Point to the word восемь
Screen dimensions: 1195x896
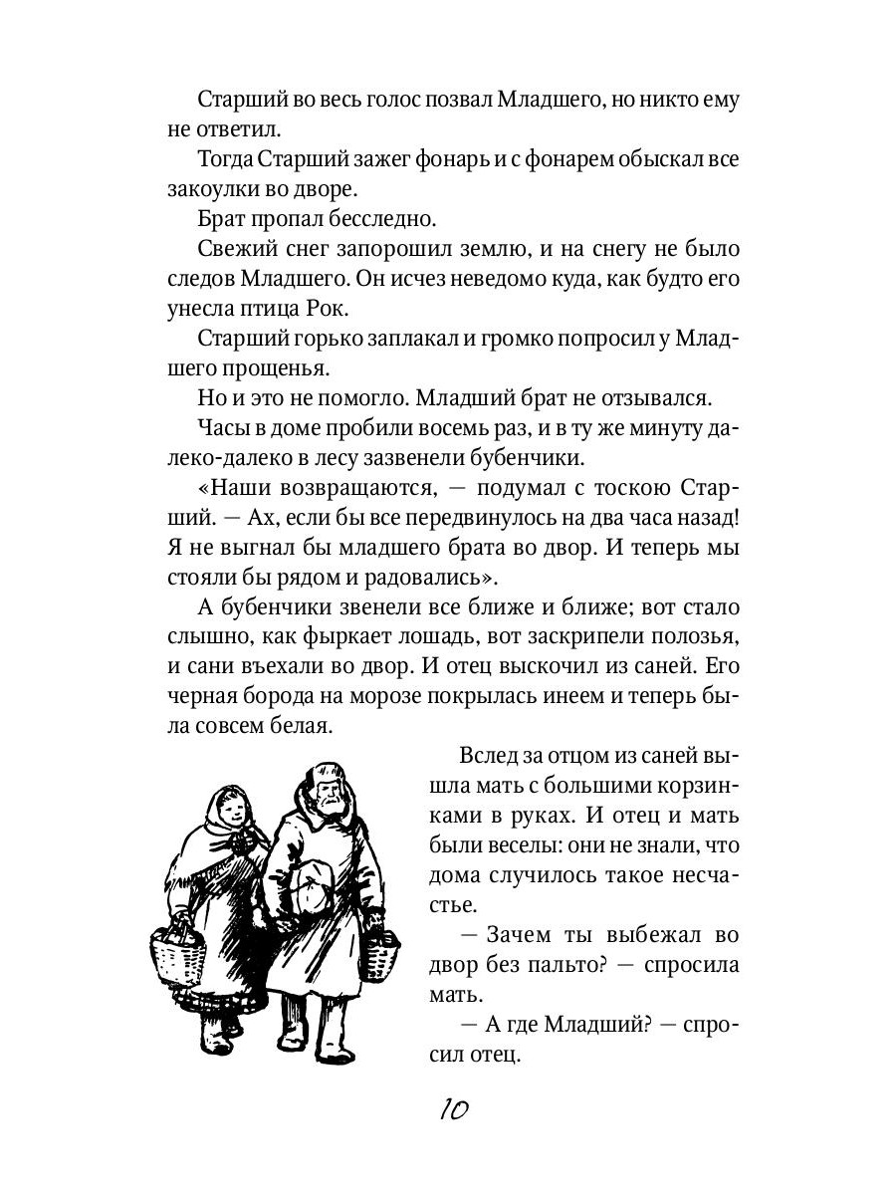pyautogui.click(x=423, y=431)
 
